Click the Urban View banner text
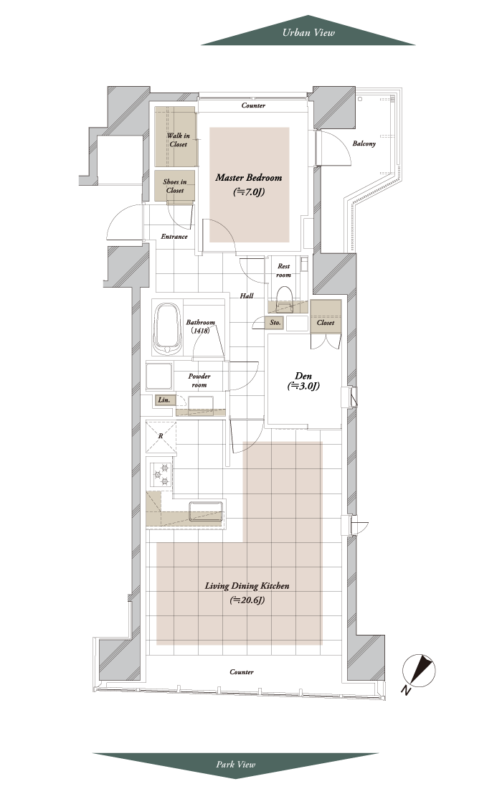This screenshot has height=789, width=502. pyautogui.click(x=308, y=33)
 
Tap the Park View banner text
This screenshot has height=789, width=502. pyautogui.click(x=235, y=765)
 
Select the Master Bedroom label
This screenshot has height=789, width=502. pyautogui.click(x=248, y=184)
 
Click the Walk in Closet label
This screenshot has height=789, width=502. pyautogui.click(x=178, y=139)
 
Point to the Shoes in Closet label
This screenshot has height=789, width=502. pyautogui.click(x=174, y=186)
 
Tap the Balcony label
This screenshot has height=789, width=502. pyautogui.click(x=364, y=143)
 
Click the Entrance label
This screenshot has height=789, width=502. pyautogui.click(x=174, y=237)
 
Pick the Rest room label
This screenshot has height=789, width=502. pyautogui.click(x=284, y=270)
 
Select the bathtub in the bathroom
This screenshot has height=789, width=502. pyautogui.click(x=166, y=329)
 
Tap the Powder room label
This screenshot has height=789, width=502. pyautogui.click(x=199, y=380)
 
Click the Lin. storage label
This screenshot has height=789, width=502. pyautogui.click(x=164, y=400)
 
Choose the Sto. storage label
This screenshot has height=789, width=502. pyautogui.click(x=275, y=323)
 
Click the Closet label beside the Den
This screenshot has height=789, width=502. pyautogui.click(x=326, y=323)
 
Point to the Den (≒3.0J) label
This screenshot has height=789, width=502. pyautogui.click(x=303, y=381)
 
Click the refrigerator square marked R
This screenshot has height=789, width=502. pyautogui.click(x=161, y=436)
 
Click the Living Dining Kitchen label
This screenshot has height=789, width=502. pyautogui.click(x=247, y=592)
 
